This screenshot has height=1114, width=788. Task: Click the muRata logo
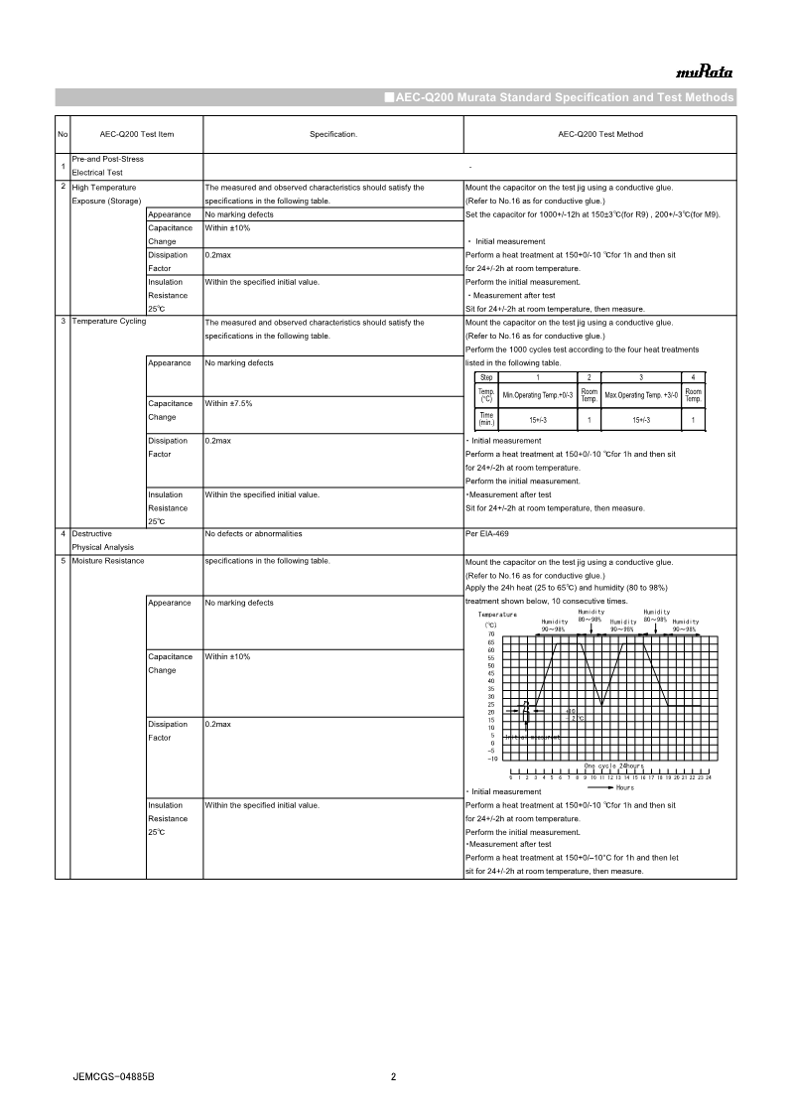pos(704,72)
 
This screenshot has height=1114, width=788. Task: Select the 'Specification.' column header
pos(333,134)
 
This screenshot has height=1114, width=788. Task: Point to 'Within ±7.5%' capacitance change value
pos(228,404)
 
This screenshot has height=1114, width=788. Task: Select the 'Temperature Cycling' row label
pos(109,323)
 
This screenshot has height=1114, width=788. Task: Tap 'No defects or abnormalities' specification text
pos(253,534)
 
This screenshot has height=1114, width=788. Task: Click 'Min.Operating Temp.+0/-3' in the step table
pos(538,395)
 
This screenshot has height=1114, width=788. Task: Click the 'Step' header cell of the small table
pos(486,377)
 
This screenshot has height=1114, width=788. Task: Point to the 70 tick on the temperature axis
pos(490,634)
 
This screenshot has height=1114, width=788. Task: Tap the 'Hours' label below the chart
pos(624,787)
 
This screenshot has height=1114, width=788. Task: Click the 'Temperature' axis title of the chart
pos(498,615)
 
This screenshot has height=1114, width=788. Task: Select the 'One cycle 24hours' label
pos(613,766)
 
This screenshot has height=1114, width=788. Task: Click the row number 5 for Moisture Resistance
pos(63,561)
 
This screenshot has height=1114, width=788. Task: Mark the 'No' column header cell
pos(63,134)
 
